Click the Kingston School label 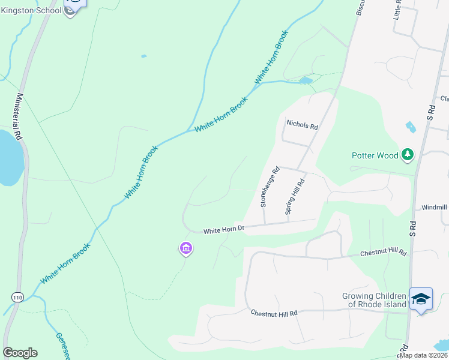(x=31, y=10)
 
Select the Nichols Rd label (x=302, y=125)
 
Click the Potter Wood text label (x=375, y=155)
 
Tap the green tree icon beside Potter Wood (x=408, y=155)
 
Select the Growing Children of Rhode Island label (x=374, y=300)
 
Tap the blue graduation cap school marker (x=421, y=298)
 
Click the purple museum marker (x=185, y=248)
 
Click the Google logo (x=20, y=352)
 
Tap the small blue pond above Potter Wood (x=411, y=127)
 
